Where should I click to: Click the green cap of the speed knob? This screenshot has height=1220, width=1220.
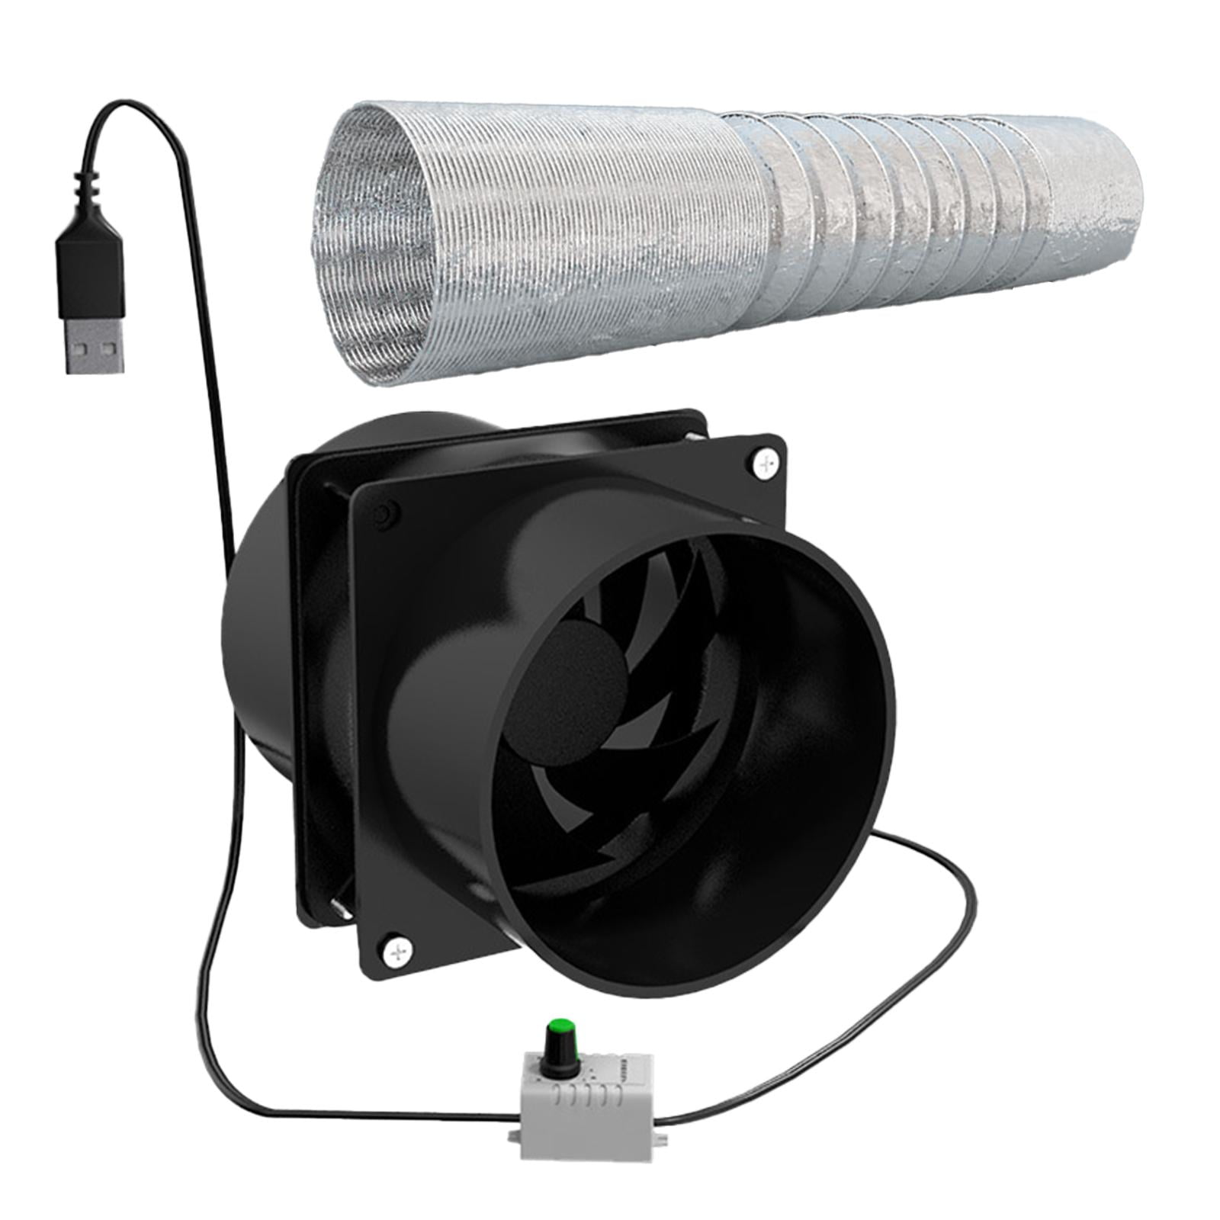pos(562,1027)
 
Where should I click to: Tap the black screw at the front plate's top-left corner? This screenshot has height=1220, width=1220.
pos(382,513)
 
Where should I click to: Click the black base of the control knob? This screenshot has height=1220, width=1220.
pos(562,1056)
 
